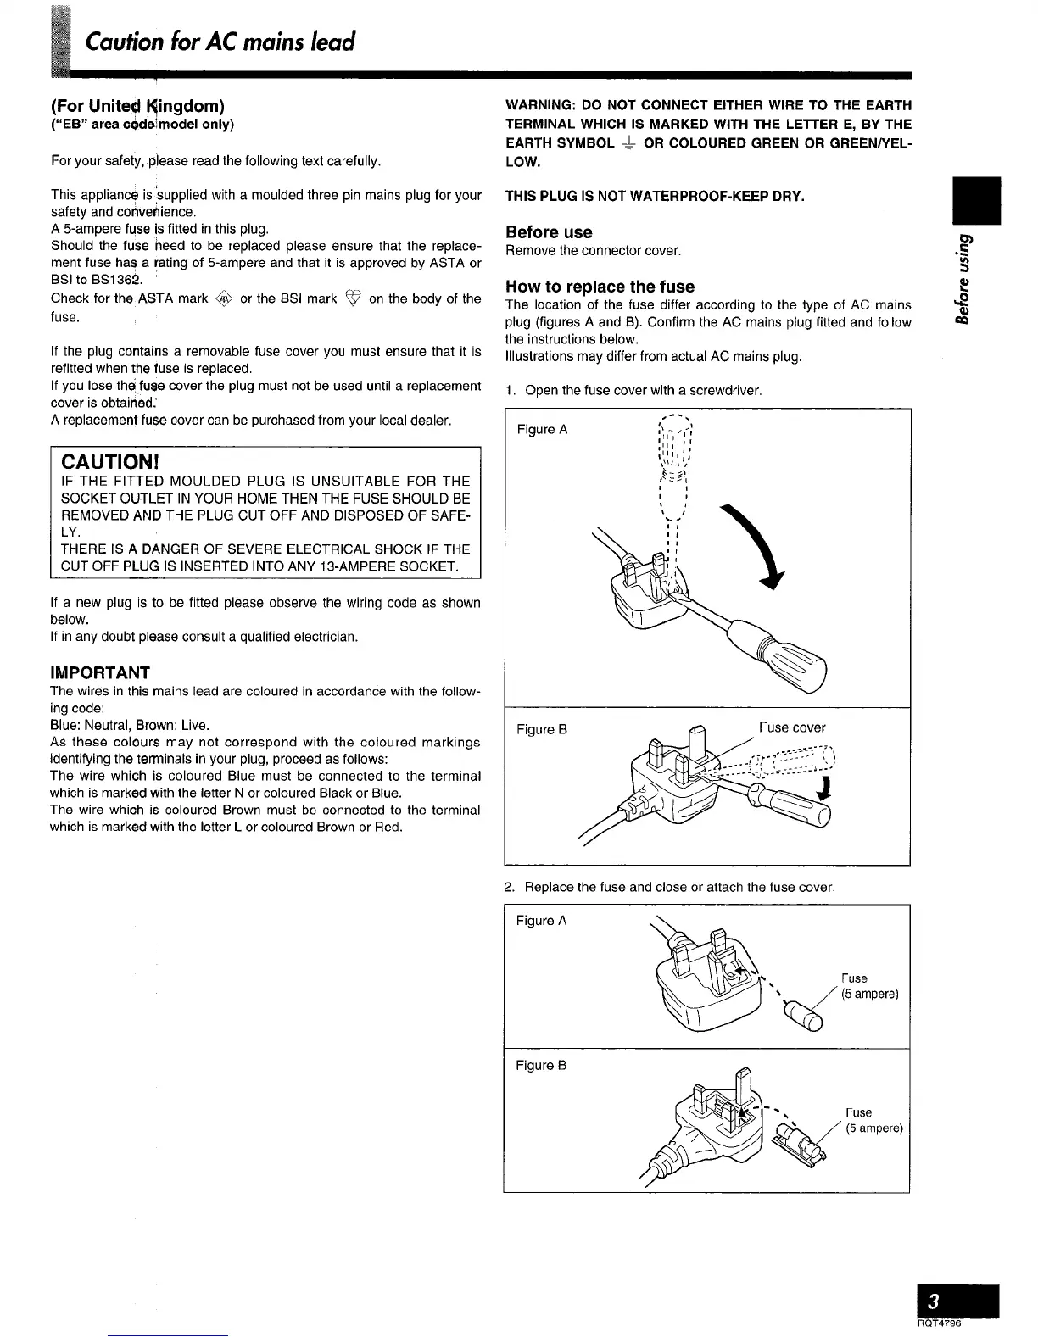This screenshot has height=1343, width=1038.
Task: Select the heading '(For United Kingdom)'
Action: [x=137, y=106]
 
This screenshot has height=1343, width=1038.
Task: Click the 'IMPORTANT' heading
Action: [x=100, y=673]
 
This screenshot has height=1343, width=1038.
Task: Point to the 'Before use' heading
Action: [x=549, y=232]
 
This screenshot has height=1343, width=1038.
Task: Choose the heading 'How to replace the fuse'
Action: [x=600, y=287]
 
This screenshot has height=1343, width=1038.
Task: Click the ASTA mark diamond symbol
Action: [x=224, y=298]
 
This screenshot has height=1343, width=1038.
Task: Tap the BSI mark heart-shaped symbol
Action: [x=353, y=298]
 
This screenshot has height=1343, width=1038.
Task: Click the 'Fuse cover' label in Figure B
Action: [x=791, y=727]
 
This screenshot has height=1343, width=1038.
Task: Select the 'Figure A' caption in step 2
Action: [x=541, y=921]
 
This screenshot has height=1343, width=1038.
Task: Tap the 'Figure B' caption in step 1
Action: [x=541, y=729]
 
